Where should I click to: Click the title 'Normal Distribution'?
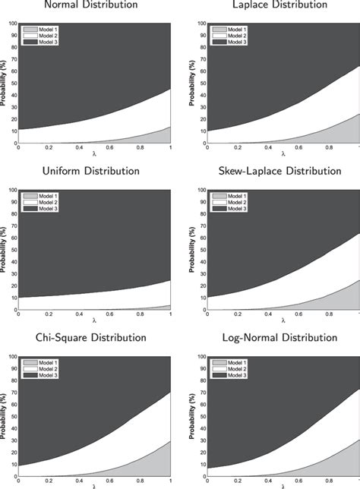point(91,5)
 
